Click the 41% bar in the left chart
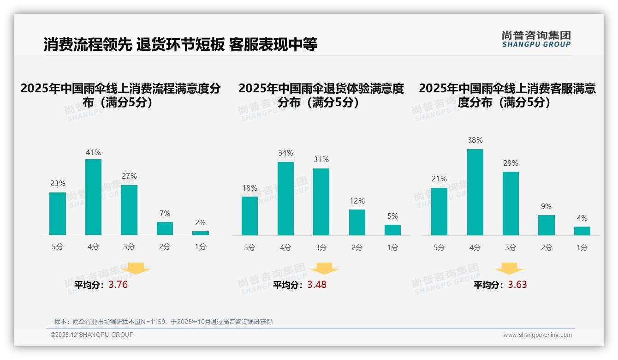94,197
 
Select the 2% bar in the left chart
201,233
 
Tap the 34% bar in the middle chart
285,198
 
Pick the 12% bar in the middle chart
357,222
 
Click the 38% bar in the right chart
475,192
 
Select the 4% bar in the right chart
582,231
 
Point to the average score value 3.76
118,285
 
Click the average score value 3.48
317,285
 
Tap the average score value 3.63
517,285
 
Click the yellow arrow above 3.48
325,269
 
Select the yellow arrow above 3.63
509,269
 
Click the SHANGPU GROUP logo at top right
536,39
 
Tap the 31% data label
321,160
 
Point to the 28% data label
511,163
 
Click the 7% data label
165,213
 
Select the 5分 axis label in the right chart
439,248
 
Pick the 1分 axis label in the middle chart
392,248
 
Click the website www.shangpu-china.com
537,335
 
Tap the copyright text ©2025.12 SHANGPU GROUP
92,335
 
